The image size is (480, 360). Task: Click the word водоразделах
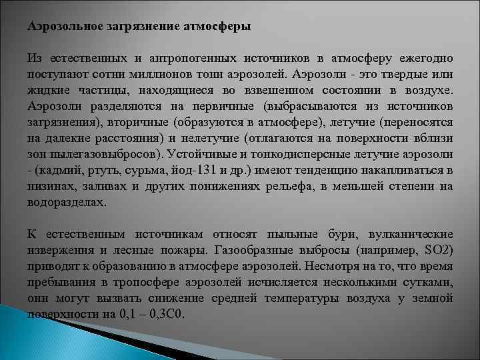pyautogui.click(x=67, y=201)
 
